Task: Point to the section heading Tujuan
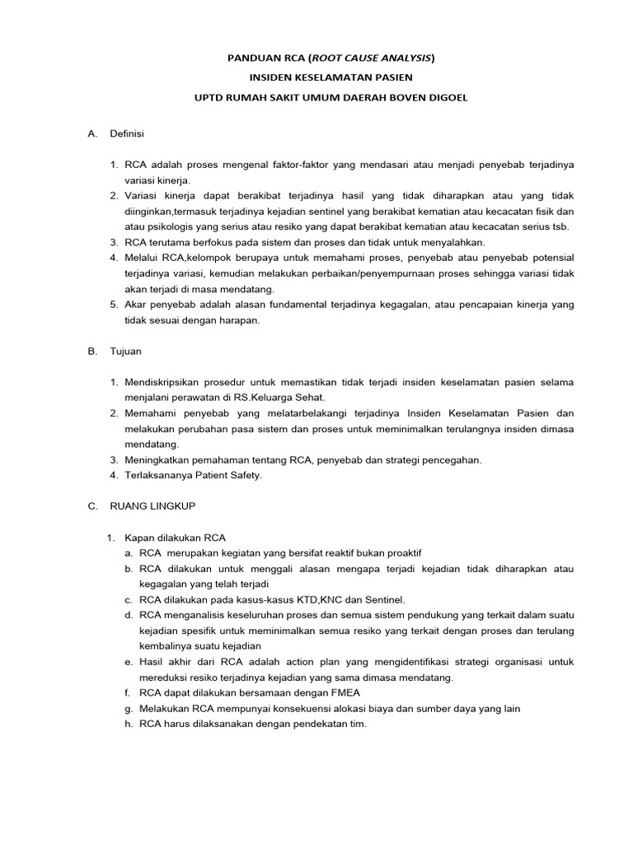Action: coord(126,352)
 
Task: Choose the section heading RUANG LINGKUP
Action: coord(152,506)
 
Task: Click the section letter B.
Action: coord(92,352)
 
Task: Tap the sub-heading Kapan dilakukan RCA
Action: coord(175,538)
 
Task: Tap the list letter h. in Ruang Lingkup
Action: coord(129,724)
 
